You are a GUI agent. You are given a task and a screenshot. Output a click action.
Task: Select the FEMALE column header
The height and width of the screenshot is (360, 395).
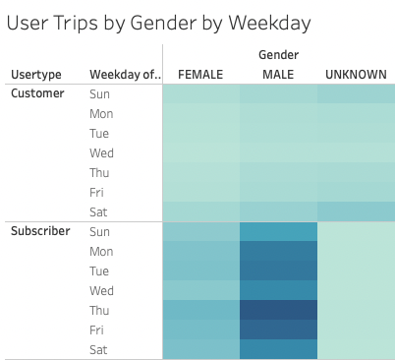point(199,75)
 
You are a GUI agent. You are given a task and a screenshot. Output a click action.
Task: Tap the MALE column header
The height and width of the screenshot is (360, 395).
point(278,75)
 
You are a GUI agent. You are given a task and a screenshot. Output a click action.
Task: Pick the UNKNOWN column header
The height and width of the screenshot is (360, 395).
point(356,75)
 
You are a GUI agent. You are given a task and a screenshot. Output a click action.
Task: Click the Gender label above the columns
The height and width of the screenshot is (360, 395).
point(278,55)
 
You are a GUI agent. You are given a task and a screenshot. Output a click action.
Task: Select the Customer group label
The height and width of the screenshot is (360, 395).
point(37,94)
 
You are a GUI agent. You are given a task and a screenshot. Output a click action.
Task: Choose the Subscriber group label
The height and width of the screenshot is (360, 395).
point(41,231)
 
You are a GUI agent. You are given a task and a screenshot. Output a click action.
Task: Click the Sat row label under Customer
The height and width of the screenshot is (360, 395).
point(99,211)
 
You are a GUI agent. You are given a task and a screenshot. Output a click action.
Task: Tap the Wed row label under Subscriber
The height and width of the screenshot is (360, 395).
point(101,290)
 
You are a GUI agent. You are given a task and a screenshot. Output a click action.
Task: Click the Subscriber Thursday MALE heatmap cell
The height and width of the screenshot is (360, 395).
point(278,310)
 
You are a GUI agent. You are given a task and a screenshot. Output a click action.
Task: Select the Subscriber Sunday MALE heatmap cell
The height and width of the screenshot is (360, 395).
point(278,232)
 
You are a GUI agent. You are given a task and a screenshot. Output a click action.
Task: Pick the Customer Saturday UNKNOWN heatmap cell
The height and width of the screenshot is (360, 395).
point(356,211)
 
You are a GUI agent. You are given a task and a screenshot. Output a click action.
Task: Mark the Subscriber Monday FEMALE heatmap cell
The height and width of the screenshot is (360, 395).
point(200,251)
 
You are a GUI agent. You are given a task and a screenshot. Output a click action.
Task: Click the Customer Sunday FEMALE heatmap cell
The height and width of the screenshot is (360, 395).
point(200,94)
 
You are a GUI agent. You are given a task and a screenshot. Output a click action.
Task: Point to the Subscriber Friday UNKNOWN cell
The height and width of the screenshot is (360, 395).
point(356,330)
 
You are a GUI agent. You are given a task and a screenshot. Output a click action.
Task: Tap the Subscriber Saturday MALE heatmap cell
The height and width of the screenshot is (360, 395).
point(278,348)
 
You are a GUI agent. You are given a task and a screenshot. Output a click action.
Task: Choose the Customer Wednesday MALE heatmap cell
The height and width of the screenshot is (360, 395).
point(278,153)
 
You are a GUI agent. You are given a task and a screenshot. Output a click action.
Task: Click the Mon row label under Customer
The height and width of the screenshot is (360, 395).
point(101,114)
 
